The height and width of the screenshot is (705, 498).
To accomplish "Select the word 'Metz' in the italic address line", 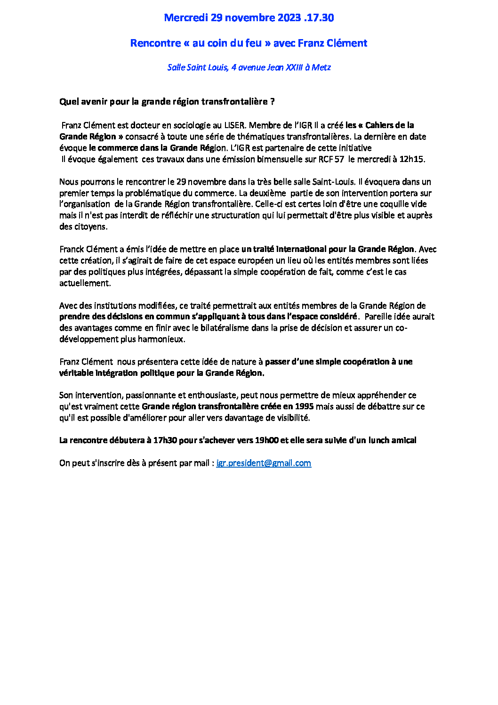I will click(321, 67).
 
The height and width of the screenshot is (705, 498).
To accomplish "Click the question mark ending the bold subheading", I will click(273, 102).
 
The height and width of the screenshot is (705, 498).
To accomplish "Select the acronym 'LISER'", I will click(234, 125).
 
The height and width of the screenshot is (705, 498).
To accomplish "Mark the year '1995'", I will click(304, 406).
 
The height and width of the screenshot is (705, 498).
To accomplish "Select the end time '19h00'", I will click(267, 440).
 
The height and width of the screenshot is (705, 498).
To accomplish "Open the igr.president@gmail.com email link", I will click(264, 463).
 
